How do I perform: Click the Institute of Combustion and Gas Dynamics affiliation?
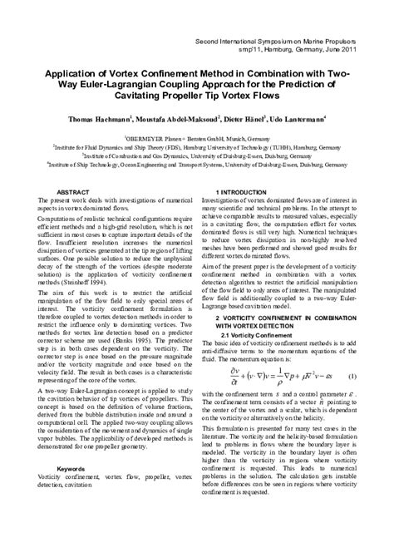pyautogui.click(x=196, y=154)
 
